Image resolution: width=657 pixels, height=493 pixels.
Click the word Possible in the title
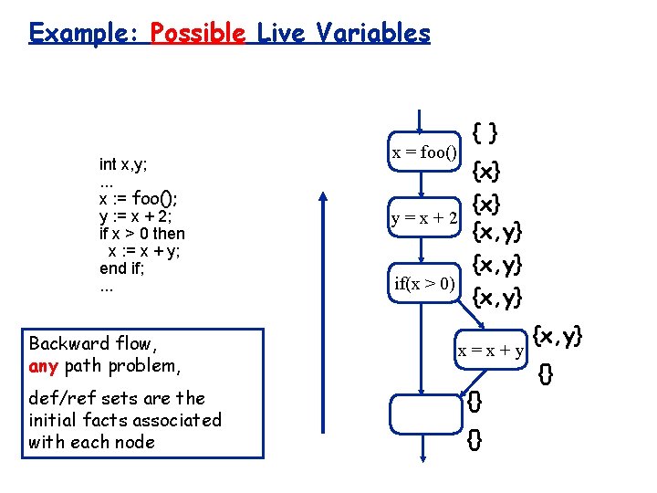198,35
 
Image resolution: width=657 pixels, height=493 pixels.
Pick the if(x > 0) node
424,283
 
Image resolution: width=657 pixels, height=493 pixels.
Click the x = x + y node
490,351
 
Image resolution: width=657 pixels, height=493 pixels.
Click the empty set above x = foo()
485,132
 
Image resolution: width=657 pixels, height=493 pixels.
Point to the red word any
43,366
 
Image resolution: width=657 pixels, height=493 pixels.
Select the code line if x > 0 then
141,233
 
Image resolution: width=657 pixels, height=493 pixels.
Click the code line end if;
122,268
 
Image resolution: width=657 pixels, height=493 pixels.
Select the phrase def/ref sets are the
117,398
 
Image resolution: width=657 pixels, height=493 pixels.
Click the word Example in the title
83,35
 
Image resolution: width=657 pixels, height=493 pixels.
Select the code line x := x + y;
146,250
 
